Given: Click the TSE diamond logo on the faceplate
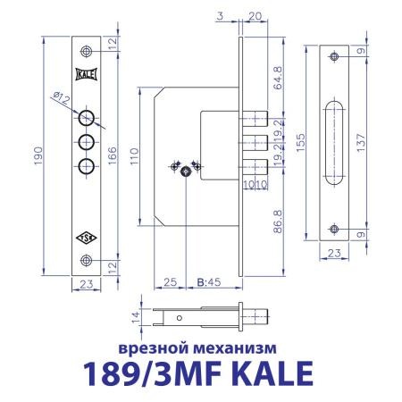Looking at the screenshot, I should click(87, 238).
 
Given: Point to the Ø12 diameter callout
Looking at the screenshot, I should click(62, 101).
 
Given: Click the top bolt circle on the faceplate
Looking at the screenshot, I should click(87, 117).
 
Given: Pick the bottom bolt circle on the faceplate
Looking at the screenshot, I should click(87, 164).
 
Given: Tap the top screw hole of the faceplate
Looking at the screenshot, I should click(87, 49).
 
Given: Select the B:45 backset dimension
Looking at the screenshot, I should click(207, 282).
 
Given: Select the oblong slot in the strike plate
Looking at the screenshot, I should click(333, 142).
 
